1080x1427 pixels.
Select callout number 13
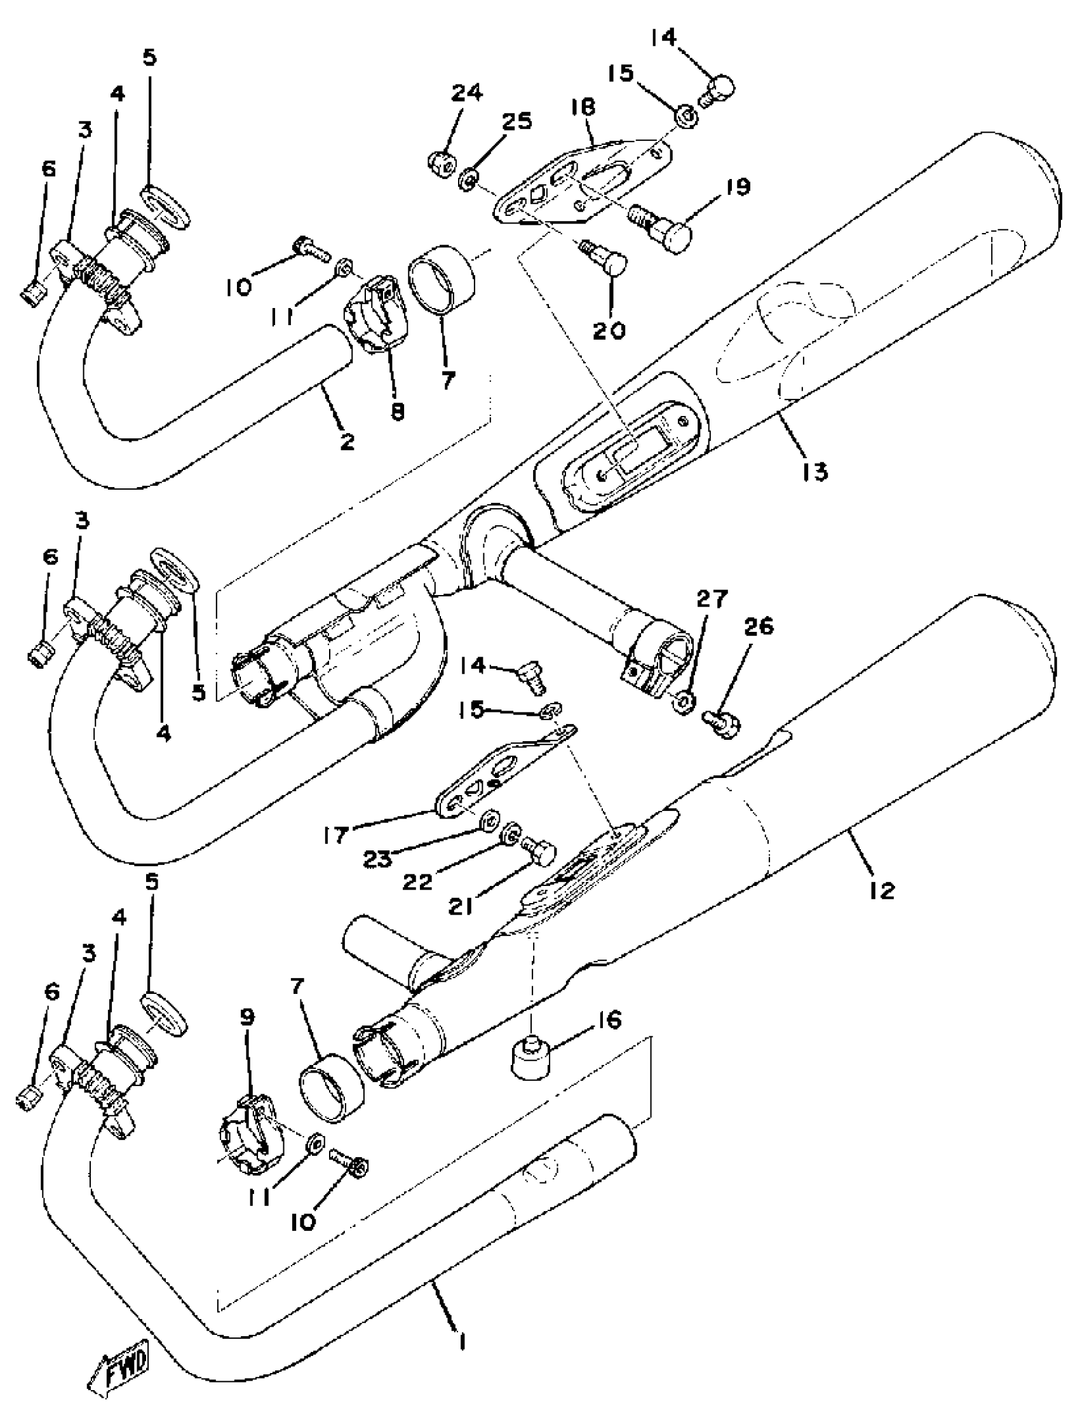pos(815,472)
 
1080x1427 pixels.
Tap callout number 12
pos(882,890)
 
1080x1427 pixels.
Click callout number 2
pos(347,442)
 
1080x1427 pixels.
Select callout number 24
pos(466,94)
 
